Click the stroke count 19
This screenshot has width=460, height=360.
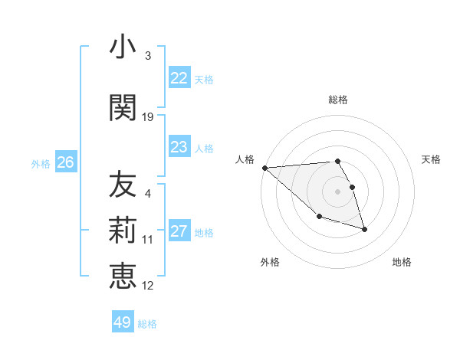pos(148,117)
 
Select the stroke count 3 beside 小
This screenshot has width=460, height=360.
pos(148,56)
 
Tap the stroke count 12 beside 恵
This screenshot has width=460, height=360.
pos(148,286)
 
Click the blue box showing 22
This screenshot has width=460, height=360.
pos(179,78)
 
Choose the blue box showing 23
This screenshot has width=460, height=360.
pos(179,147)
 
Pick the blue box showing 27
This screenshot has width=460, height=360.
pos(179,231)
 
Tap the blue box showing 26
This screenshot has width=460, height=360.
pos(65,162)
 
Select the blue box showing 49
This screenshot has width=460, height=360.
pos(123,322)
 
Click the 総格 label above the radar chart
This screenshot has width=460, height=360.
pos(338,100)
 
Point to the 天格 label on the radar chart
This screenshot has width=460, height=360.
pos(431,159)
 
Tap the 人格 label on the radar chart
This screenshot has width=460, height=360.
pos(245,159)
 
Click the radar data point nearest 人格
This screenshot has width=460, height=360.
pos(264,168)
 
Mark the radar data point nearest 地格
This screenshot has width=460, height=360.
pos(364,229)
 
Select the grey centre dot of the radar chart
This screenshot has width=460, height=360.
pos(338,191)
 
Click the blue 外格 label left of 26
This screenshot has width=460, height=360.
pos(41,163)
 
